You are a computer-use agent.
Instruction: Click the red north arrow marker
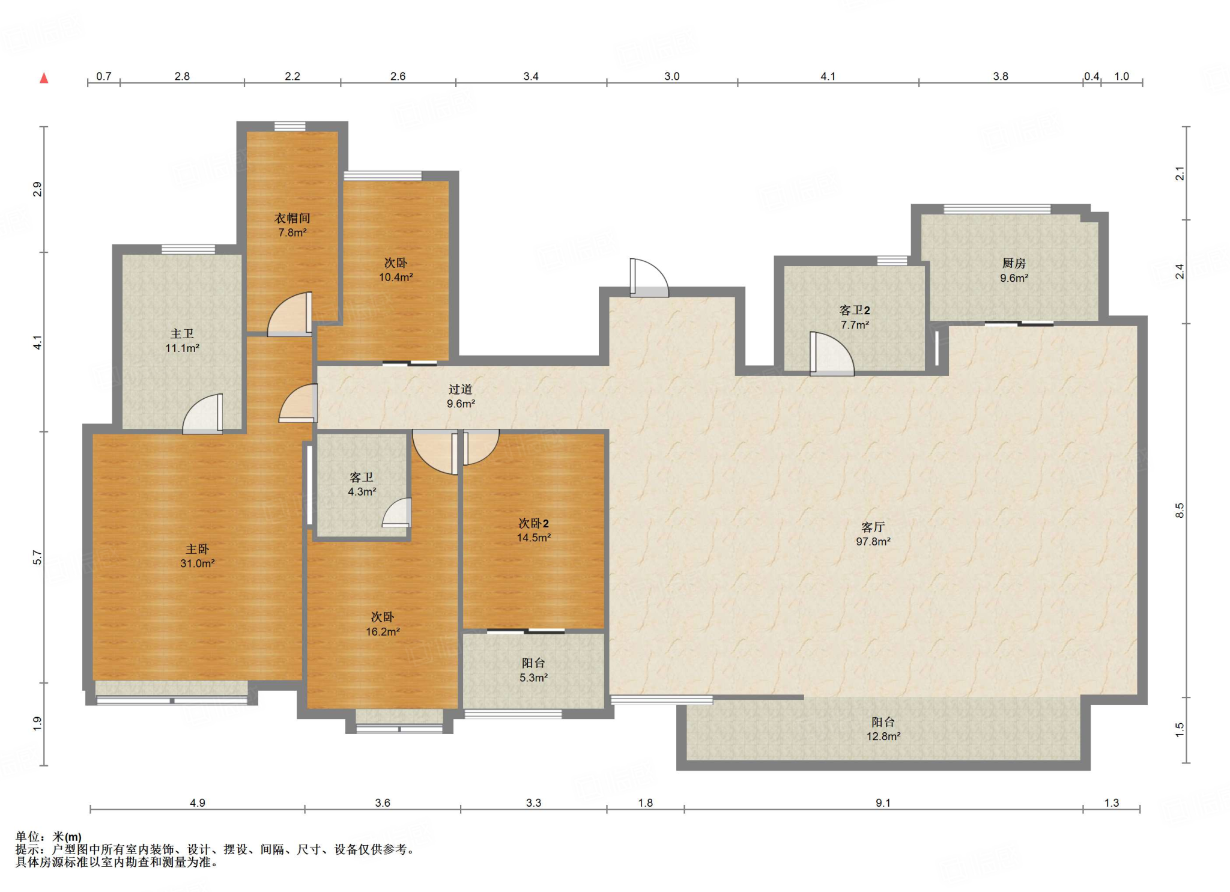click(x=44, y=78)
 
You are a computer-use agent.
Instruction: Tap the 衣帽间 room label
click(x=292, y=218)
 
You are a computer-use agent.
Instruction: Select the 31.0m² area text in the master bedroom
click(x=198, y=563)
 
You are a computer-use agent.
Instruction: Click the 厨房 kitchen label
click(x=1014, y=263)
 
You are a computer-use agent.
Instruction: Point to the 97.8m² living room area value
click(x=873, y=542)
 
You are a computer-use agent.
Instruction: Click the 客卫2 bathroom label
click(x=855, y=310)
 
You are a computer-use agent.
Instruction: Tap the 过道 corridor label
click(x=461, y=389)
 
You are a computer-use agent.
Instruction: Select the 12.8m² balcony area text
click(x=883, y=736)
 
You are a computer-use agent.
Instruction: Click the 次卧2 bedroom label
click(x=533, y=523)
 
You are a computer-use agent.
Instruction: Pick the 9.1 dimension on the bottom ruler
click(x=883, y=802)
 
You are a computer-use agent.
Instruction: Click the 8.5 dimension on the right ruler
click(x=1180, y=511)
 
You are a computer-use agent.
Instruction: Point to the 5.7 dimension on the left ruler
click(x=37, y=557)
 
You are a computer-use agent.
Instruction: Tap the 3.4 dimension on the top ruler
click(x=531, y=76)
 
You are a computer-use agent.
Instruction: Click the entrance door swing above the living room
click(x=649, y=278)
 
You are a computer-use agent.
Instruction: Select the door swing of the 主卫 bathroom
click(x=202, y=413)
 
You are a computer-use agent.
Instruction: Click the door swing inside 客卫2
click(x=831, y=354)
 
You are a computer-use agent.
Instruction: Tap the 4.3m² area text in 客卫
click(x=362, y=491)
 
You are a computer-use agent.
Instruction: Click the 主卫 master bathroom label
click(x=182, y=333)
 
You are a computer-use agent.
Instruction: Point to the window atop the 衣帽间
click(x=290, y=126)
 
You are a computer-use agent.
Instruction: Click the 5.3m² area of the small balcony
click(x=533, y=678)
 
